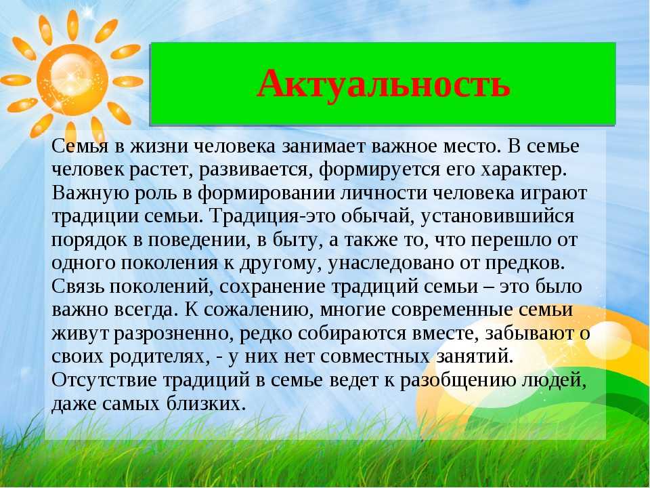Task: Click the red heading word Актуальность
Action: click(x=383, y=83)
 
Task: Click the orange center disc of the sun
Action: click(x=72, y=79)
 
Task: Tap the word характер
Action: click(x=523, y=170)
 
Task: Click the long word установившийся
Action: click(x=498, y=217)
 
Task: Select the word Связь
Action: click(x=78, y=287)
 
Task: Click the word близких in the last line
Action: click(x=204, y=403)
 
